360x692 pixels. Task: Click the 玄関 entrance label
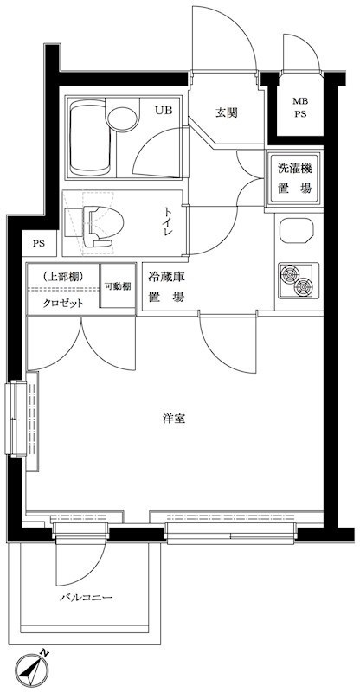pyautogui.click(x=227, y=112)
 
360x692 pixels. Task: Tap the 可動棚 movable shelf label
pyautogui.click(x=118, y=286)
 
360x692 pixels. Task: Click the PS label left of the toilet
pyautogui.click(x=39, y=244)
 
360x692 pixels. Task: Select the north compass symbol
pyautogui.click(x=34, y=668)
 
